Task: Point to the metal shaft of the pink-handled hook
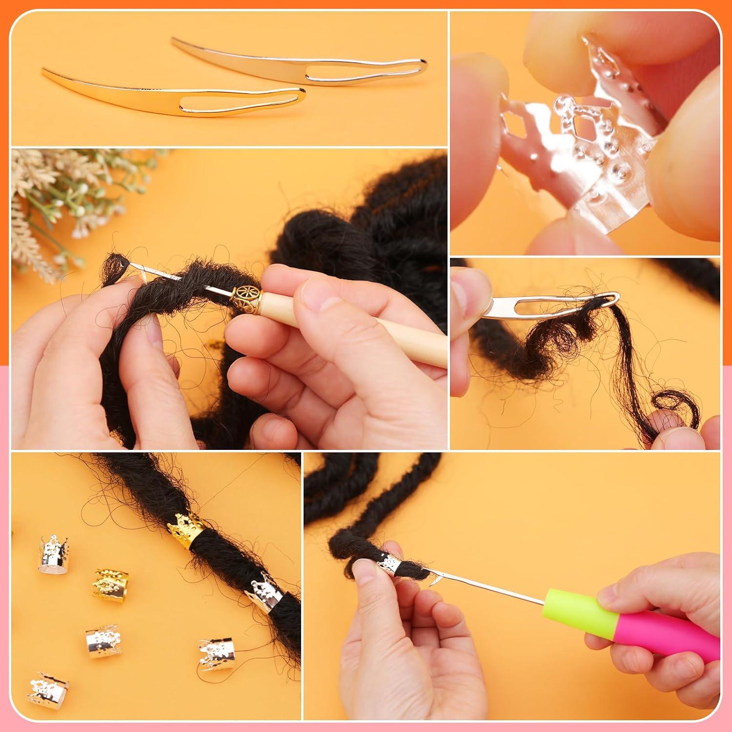point(488,586)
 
